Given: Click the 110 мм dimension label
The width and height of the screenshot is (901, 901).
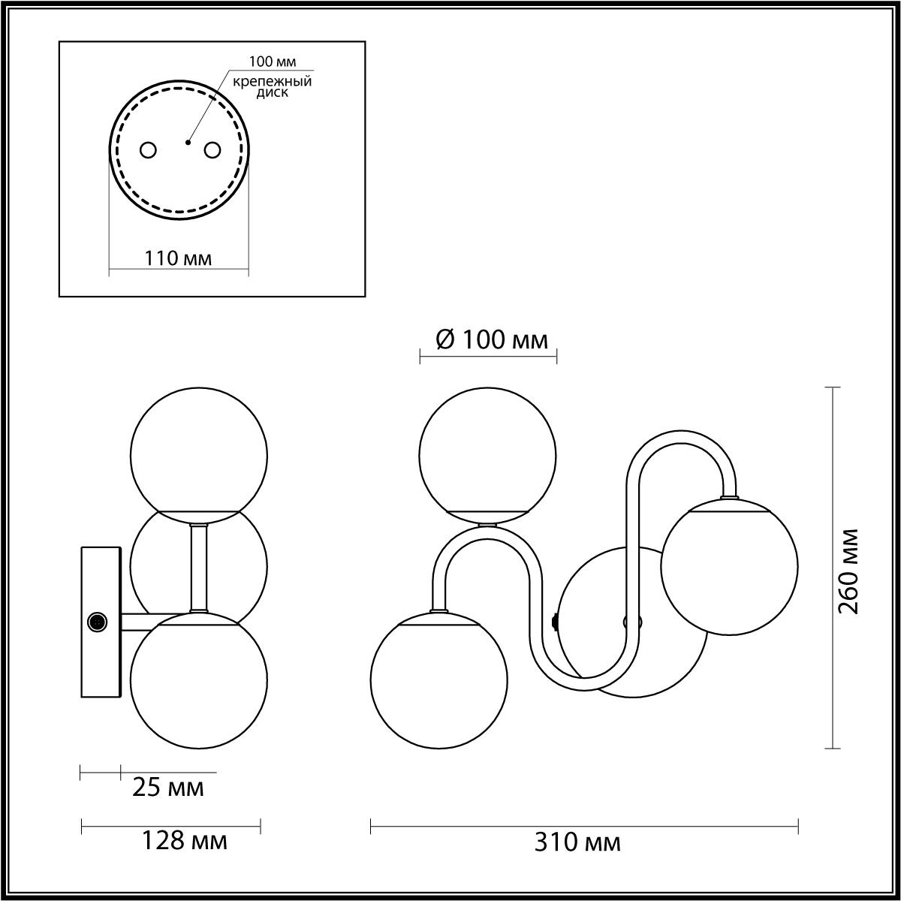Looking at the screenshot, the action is (178, 258).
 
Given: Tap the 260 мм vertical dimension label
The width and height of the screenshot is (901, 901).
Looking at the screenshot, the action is (848, 571).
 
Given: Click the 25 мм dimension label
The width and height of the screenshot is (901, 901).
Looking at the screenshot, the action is (168, 788).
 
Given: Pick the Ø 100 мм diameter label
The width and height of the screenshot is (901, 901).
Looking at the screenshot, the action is (491, 339).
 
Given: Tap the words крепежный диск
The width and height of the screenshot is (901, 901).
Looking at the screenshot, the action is (273, 87).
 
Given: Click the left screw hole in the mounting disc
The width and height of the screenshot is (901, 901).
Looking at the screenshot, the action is (149, 150).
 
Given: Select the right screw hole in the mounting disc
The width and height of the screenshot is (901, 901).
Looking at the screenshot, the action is (212, 150).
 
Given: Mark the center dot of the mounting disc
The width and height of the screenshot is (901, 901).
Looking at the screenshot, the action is (188, 142).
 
